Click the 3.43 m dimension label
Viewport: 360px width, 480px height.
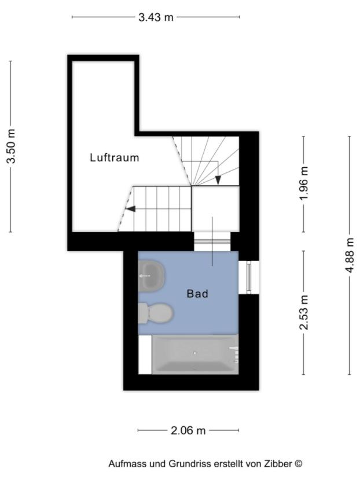(x=156, y=17)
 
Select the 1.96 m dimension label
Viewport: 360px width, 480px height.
(x=304, y=183)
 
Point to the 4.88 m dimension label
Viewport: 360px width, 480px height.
(x=350, y=256)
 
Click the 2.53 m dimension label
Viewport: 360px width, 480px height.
(x=304, y=312)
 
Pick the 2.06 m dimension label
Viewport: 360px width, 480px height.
(x=188, y=430)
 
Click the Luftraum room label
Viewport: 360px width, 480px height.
(x=115, y=157)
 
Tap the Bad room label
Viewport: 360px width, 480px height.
(x=197, y=294)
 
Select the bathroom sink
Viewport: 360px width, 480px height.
(x=152, y=275)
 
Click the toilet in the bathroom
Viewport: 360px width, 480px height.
(x=155, y=313)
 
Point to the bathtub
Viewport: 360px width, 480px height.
(x=195, y=354)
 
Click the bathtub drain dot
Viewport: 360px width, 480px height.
(x=195, y=353)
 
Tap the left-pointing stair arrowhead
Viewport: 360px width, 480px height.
(x=130, y=209)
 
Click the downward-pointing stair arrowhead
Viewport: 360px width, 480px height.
(x=218, y=180)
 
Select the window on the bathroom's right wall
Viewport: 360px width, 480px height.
(x=249, y=278)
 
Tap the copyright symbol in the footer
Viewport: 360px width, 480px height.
(x=299, y=464)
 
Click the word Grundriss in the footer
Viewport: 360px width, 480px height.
(x=188, y=464)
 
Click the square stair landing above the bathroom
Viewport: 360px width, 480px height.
(x=215, y=209)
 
